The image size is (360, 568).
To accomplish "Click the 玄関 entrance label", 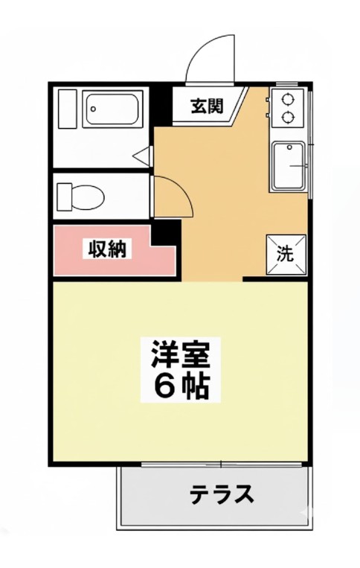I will [x=207, y=106].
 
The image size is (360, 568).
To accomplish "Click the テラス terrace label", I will [x=222, y=494].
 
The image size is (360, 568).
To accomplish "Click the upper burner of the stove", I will [x=286, y=99].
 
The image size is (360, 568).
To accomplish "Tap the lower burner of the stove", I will [x=286, y=116].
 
